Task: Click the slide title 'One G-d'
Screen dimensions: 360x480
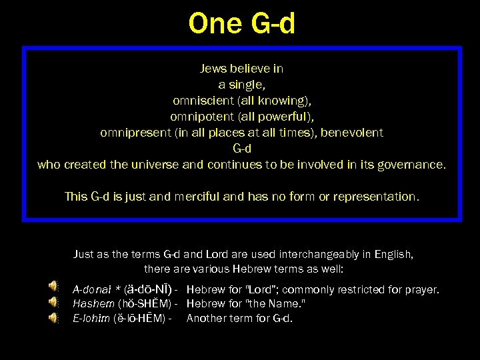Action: (x=241, y=23)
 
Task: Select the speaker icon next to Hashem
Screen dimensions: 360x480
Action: (x=53, y=303)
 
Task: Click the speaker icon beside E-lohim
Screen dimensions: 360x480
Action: (x=53, y=317)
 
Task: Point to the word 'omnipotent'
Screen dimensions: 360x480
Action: (x=198, y=117)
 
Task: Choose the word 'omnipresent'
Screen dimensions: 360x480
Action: (x=132, y=133)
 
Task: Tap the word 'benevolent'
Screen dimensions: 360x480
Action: (x=352, y=133)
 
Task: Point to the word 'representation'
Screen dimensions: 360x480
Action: (x=378, y=197)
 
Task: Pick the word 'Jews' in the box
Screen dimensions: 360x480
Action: (x=214, y=69)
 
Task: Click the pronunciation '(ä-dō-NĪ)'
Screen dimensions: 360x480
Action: (x=146, y=290)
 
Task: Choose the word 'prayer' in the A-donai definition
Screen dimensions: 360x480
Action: (x=423, y=290)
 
